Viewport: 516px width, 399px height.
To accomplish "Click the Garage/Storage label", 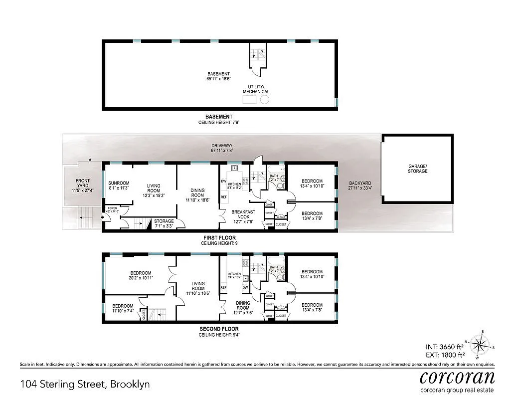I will (x=417, y=169).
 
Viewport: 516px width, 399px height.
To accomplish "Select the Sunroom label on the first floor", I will (x=119, y=185).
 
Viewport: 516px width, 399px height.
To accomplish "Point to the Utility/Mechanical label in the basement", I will (x=256, y=89).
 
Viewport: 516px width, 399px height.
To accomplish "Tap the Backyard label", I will (x=359, y=186).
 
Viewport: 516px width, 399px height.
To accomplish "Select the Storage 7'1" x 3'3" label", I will (x=164, y=223).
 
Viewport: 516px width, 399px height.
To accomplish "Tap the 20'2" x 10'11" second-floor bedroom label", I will (x=141, y=275).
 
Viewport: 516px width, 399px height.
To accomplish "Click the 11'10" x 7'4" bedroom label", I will (x=123, y=308).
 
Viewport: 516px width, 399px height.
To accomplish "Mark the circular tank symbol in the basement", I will (x=265, y=100).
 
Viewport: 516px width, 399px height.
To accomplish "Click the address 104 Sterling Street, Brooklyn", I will (x=85, y=384).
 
